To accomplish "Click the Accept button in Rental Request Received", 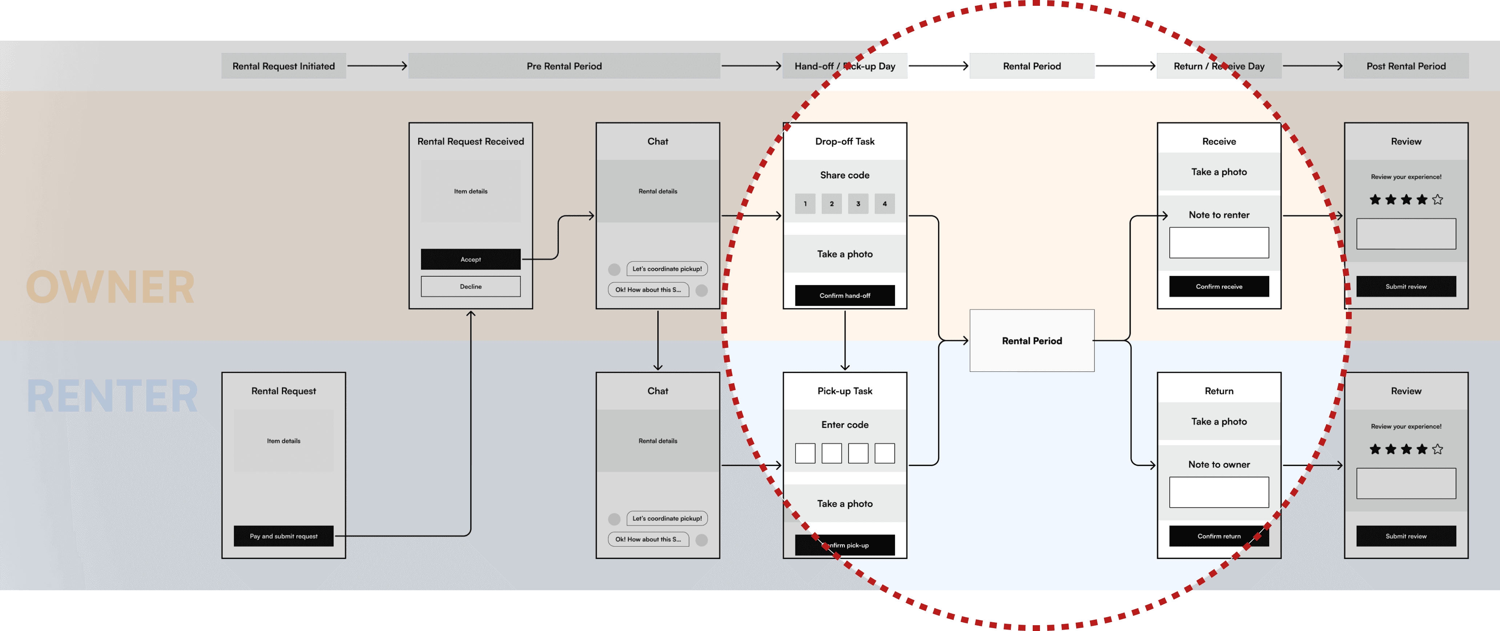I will [x=471, y=259].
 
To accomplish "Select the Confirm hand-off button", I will [x=844, y=296].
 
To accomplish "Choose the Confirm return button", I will [x=1219, y=536].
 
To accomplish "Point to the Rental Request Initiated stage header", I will [x=283, y=66].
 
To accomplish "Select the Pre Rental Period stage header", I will [x=564, y=66].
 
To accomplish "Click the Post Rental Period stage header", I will [x=1406, y=66].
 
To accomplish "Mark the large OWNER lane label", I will [x=110, y=287].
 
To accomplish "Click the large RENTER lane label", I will [x=112, y=396].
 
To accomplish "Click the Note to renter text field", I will [x=1219, y=242].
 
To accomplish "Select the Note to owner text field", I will [x=1219, y=492].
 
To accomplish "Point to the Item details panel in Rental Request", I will [x=283, y=441].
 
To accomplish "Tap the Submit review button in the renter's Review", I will [x=1406, y=536].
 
